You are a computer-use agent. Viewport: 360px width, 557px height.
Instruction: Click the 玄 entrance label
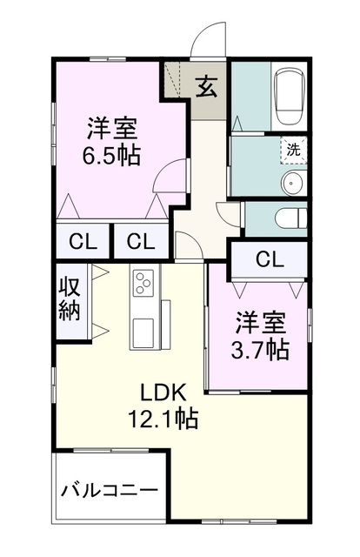point(206,87)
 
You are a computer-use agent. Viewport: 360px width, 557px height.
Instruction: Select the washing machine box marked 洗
point(294,149)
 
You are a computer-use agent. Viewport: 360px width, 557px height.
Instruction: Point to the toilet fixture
point(288,218)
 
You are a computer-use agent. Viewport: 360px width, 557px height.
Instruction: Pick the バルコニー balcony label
point(110,490)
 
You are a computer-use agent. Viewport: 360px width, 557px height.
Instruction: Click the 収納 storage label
point(70,298)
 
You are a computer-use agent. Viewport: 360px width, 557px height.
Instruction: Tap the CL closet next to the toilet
point(270,258)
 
